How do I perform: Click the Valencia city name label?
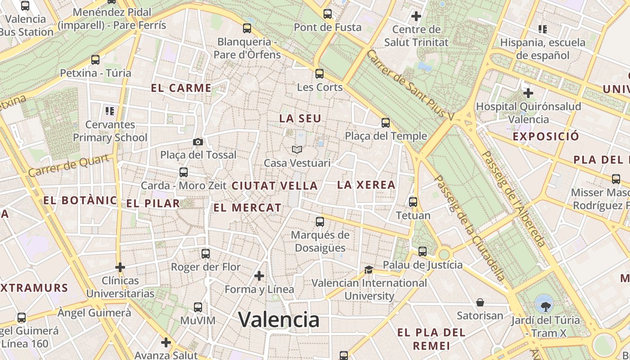[279, 319]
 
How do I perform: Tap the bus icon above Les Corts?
[319, 73]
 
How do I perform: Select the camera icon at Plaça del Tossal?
[198, 142]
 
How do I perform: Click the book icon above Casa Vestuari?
[297, 149]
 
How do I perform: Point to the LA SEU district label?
[300, 118]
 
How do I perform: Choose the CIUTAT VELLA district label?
[274, 185]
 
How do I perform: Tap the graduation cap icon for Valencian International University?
[369, 270]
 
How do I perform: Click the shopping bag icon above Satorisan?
[480, 302]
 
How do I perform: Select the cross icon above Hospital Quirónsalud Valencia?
[528, 93]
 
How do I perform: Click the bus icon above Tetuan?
[413, 202]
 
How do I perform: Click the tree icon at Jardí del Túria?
[545, 307]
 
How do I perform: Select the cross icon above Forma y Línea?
[259, 275]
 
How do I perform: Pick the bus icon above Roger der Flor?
[206, 253]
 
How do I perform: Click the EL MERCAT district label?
[247, 207]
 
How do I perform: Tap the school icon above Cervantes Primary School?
[110, 111]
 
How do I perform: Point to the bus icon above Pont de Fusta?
[328, 14]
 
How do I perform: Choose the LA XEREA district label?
[366, 184]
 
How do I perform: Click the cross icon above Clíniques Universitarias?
[120, 267]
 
